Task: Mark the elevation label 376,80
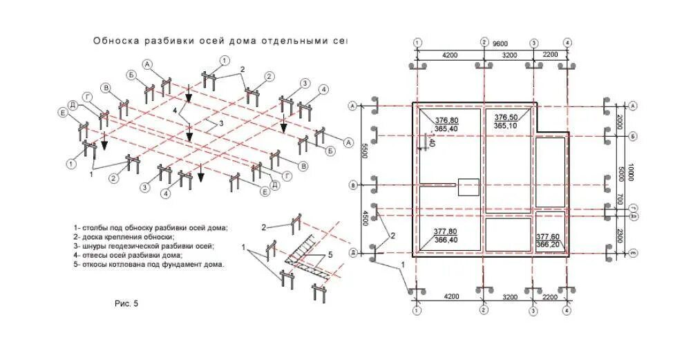pyautogui.click(x=446, y=120)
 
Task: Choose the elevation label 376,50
pyautogui.click(x=507, y=117)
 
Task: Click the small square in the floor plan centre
pyautogui.click(x=468, y=188)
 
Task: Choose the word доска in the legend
pyautogui.click(x=94, y=236)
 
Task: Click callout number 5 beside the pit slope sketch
pyautogui.click(x=330, y=254)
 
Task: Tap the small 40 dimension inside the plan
pyautogui.click(x=431, y=143)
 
